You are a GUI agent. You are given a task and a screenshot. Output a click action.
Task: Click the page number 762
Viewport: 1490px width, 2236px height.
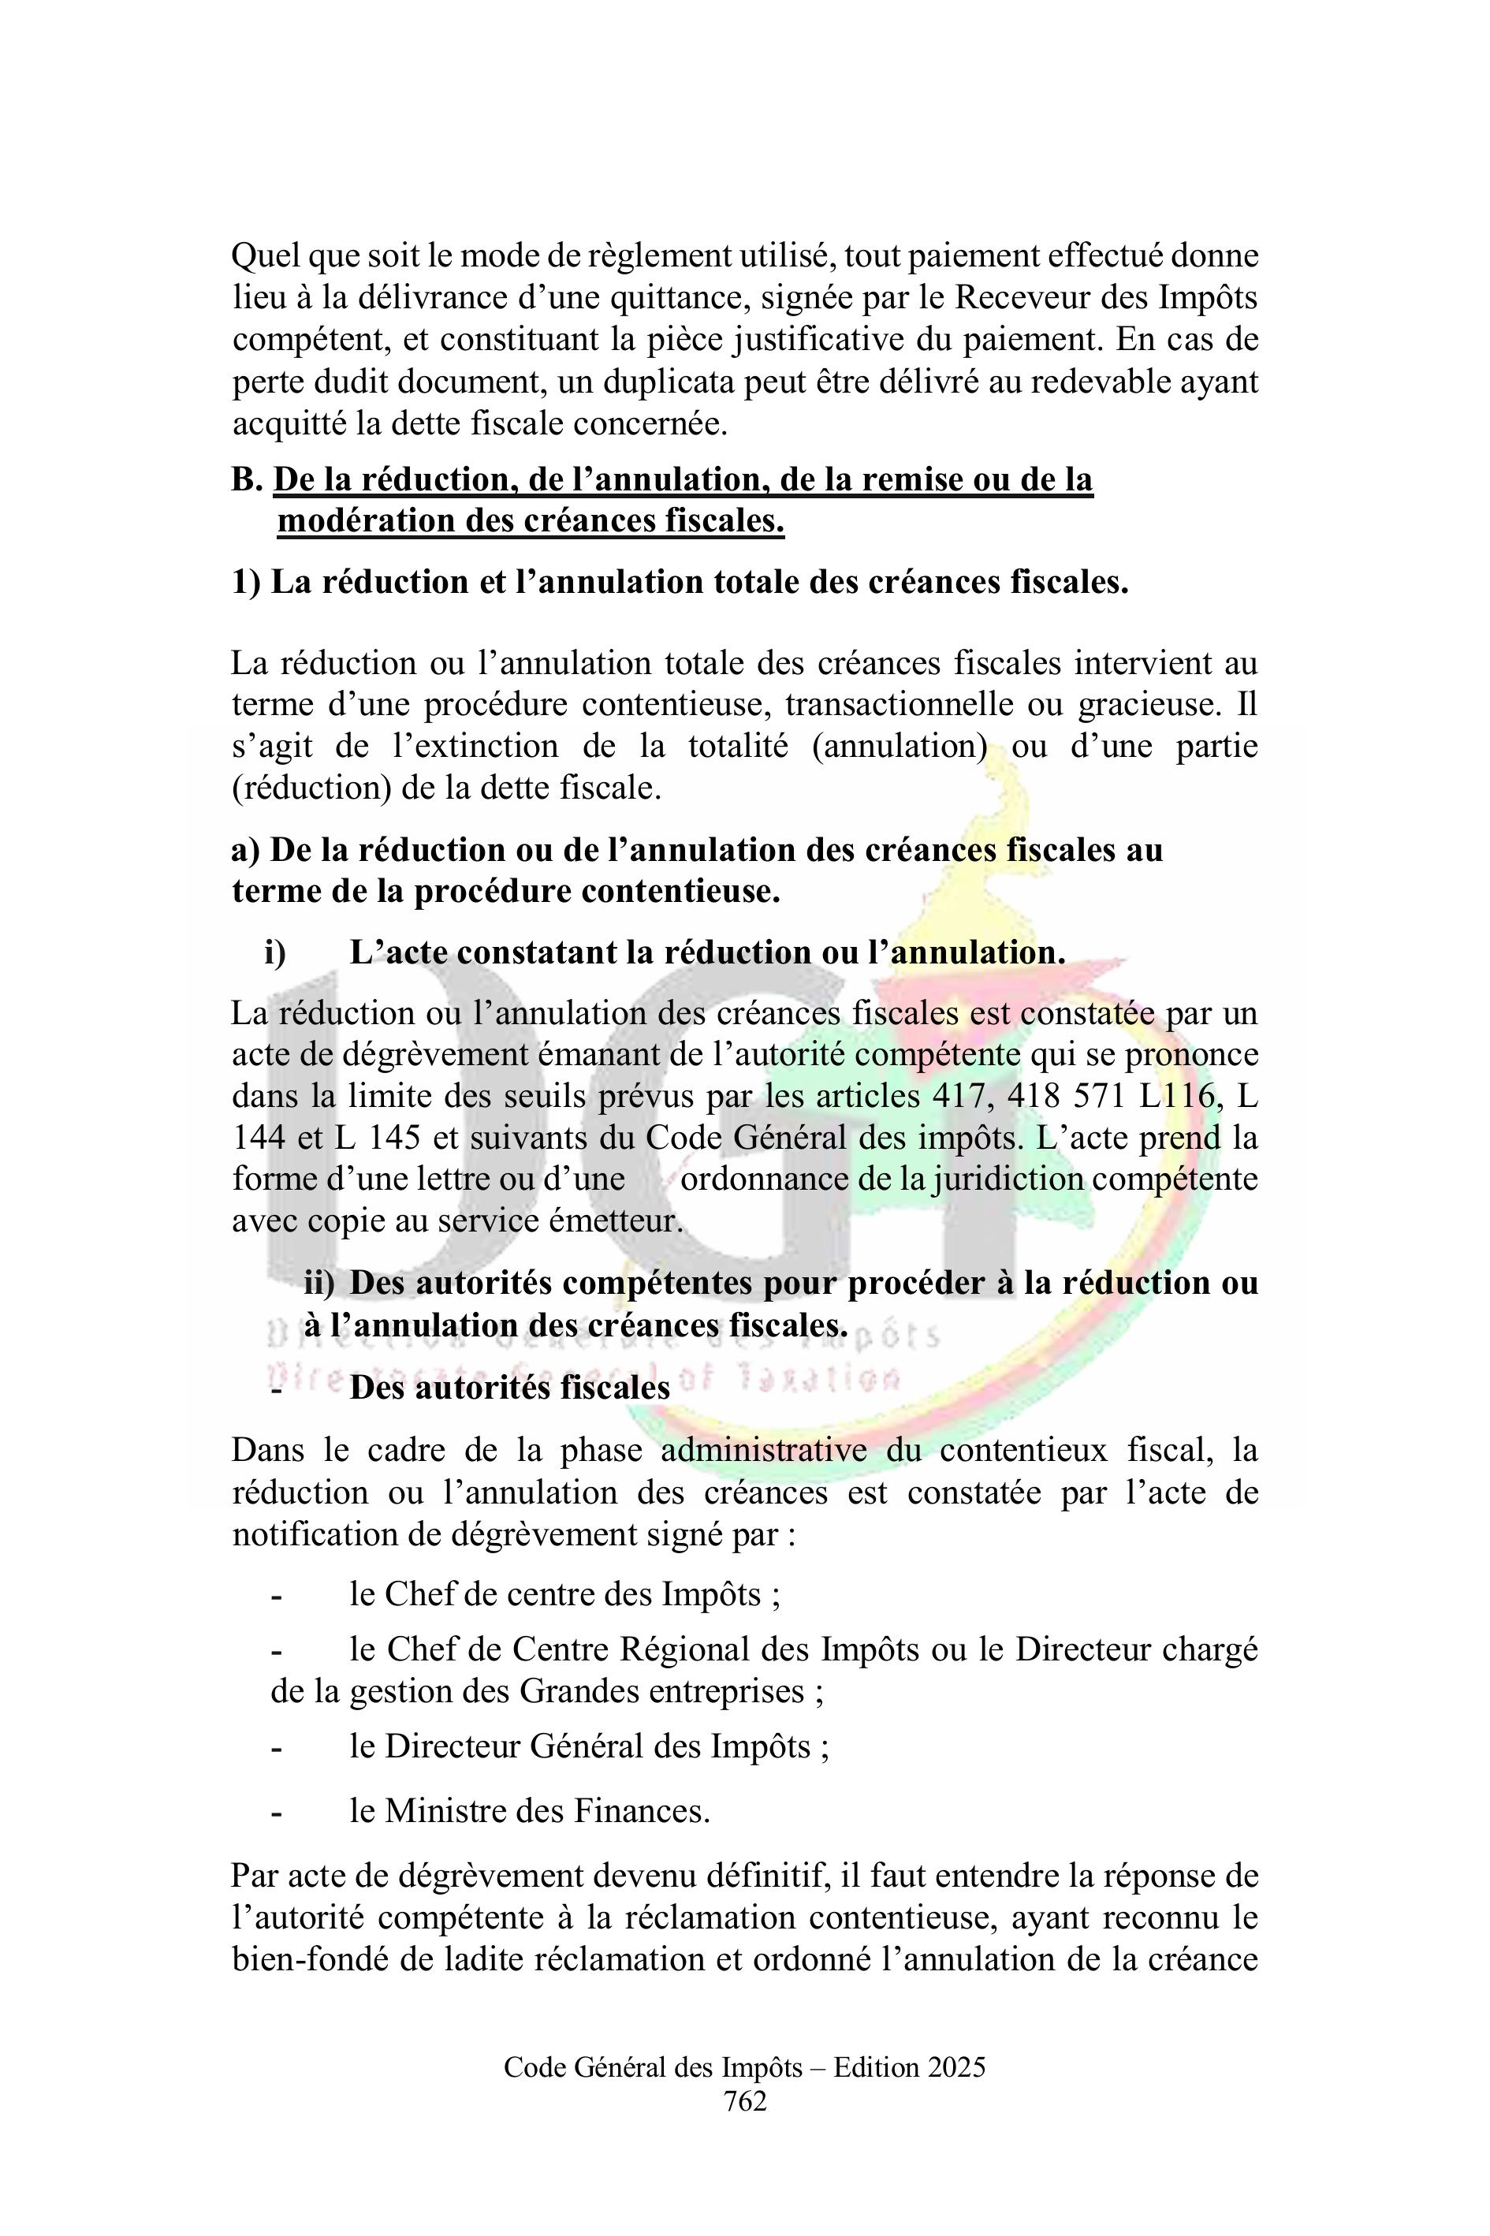pyautogui.click(x=744, y=2101)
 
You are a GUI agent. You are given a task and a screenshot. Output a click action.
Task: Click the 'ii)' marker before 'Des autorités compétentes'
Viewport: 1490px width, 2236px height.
pyautogui.click(x=319, y=1283)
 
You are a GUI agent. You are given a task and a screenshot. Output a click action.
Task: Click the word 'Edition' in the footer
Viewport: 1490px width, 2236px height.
pyautogui.click(x=866, y=2066)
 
